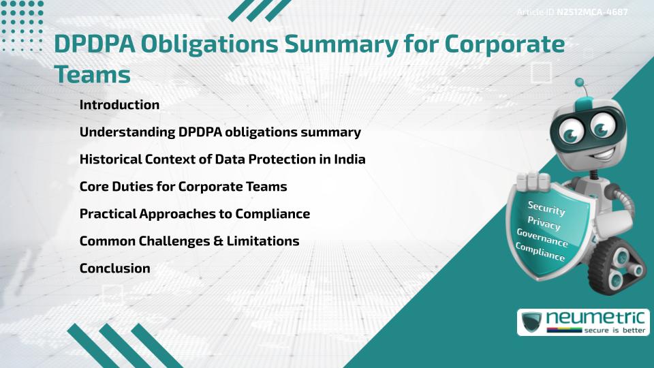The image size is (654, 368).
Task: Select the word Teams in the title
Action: point(92,74)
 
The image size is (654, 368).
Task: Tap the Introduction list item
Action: point(119,105)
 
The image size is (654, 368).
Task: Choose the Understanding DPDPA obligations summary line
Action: point(220,132)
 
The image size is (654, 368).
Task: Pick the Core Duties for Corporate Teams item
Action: point(183,187)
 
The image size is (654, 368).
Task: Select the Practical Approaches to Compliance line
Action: point(195,214)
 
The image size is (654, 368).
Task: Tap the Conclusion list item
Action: point(115,269)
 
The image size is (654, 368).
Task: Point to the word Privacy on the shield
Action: point(544,224)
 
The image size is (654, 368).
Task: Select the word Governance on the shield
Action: point(542,239)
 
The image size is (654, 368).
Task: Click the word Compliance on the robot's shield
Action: point(540,253)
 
